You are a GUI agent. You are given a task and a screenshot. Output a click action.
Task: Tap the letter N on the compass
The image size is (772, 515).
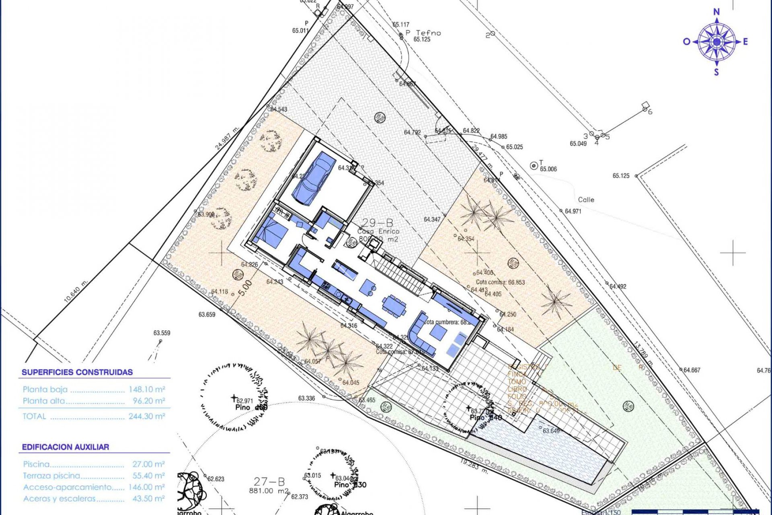(x=717, y=12)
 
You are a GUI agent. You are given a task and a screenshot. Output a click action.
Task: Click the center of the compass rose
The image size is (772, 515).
(x=717, y=41)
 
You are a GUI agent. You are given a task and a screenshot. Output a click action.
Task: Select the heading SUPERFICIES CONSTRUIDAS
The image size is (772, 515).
(x=77, y=372)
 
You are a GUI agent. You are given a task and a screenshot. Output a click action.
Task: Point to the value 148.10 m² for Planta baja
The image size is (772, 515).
(x=147, y=389)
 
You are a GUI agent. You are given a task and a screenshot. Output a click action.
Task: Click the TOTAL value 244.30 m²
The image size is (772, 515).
(x=147, y=416)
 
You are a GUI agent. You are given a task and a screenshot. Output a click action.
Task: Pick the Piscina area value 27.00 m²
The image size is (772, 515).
(x=148, y=464)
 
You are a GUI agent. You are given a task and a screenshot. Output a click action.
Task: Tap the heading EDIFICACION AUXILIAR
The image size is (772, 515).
(x=66, y=447)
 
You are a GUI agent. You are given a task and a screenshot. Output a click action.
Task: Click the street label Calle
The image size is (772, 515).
(x=586, y=200)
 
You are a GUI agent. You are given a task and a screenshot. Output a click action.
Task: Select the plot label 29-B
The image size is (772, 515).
(x=378, y=222)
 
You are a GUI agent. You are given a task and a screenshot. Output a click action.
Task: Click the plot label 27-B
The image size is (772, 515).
(x=269, y=482)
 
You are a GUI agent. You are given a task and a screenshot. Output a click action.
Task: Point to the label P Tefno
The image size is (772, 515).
(x=423, y=33)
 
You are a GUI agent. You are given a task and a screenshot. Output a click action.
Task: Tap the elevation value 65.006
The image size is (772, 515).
(x=548, y=169)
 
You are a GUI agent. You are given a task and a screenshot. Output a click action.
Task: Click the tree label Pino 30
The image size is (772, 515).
(x=350, y=485)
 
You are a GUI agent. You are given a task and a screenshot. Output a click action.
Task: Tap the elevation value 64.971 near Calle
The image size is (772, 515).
(x=573, y=211)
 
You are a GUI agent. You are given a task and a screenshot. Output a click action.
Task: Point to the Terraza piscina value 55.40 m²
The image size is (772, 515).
(x=148, y=476)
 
